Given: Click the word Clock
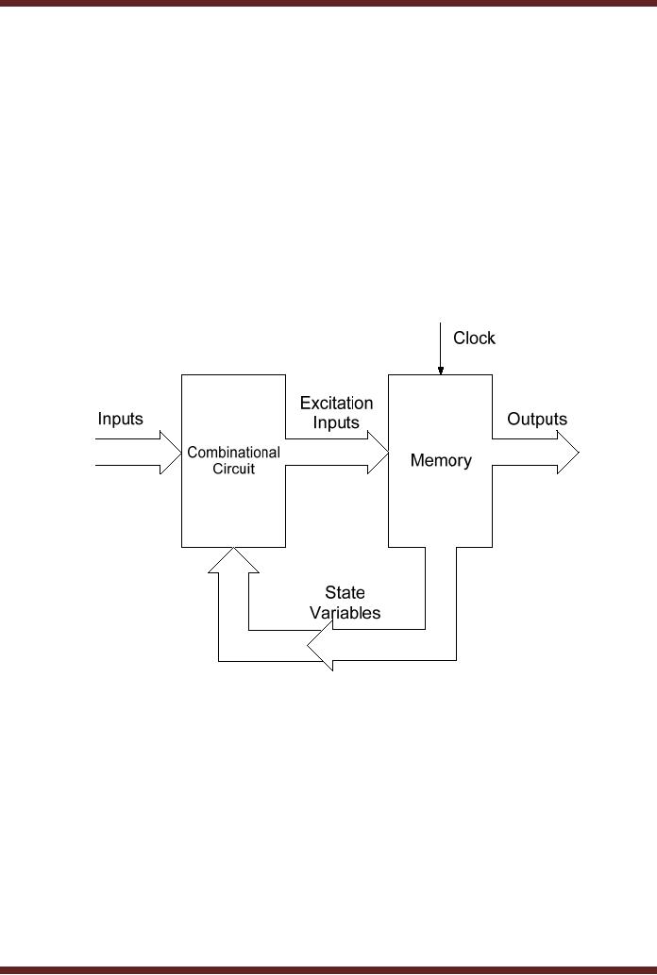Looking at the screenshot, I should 474,338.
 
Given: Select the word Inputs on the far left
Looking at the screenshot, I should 121,419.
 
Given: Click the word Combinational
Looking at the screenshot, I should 233,453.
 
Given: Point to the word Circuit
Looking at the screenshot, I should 233,469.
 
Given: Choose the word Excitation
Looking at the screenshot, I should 337,404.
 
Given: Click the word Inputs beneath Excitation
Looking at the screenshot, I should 337,422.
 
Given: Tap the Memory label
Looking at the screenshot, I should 441,461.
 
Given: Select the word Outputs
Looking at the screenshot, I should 537,419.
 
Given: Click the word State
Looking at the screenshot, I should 345,593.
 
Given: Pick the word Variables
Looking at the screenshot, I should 345,612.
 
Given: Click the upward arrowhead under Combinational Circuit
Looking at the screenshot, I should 233,557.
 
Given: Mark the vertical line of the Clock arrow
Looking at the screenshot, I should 439,344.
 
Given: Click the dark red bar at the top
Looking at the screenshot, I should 328,4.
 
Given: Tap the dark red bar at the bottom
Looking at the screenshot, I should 328,969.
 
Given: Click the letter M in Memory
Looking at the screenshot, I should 416,461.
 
